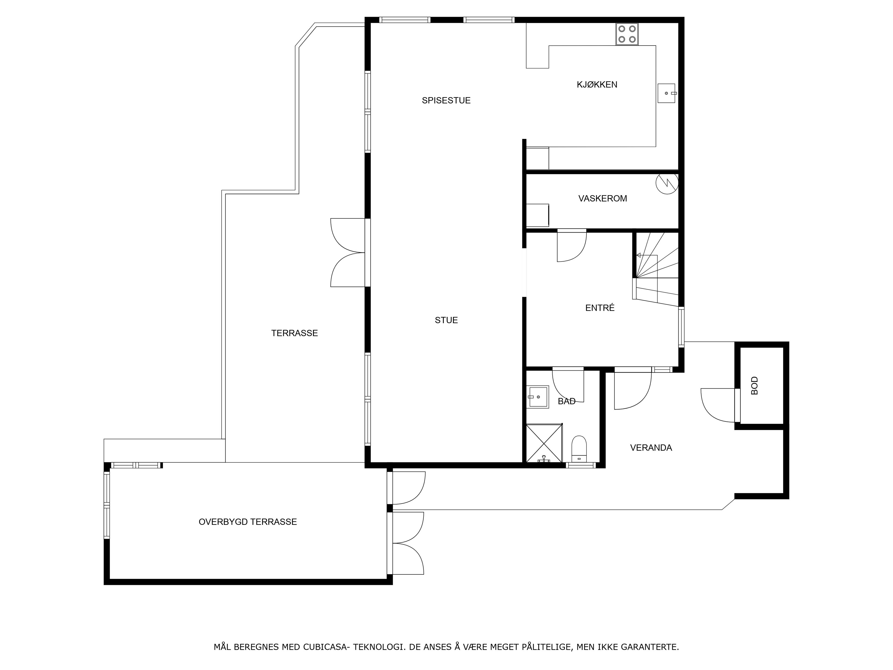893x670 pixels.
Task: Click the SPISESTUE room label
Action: (x=446, y=100)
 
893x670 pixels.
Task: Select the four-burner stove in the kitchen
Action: (x=627, y=34)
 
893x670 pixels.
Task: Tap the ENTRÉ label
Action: (x=600, y=308)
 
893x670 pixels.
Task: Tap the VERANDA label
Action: (x=651, y=447)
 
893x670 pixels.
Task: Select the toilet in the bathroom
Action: (x=579, y=449)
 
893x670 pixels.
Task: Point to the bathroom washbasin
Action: (x=537, y=397)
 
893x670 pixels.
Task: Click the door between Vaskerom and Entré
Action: (x=572, y=245)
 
